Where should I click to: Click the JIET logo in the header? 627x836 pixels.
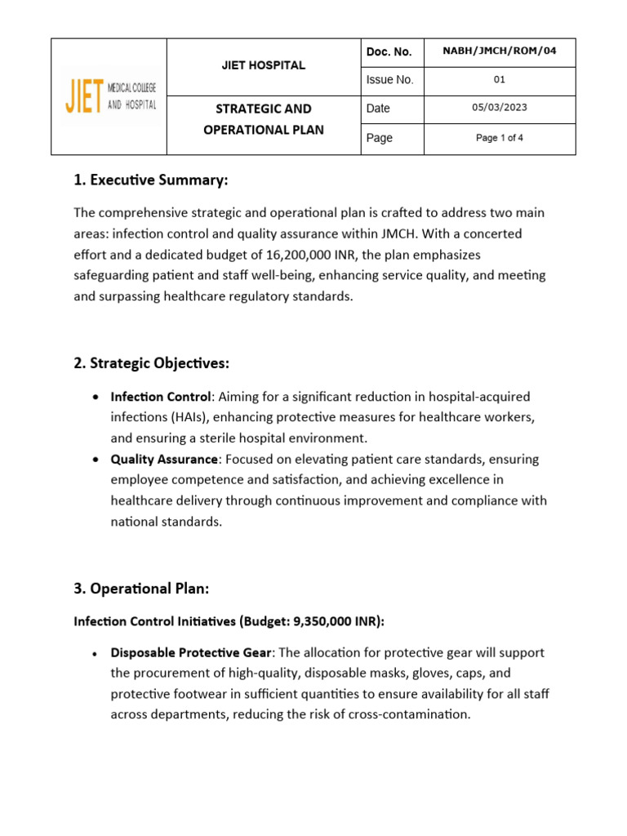tap(109, 96)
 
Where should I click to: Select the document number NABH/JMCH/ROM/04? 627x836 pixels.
tap(499, 51)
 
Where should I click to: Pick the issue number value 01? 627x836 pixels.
tap(499, 80)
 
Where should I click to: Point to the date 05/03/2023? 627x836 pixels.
tap(499, 108)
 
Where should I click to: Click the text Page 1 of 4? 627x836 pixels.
tap(499, 138)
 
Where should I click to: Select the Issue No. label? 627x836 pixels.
tap(389, 80)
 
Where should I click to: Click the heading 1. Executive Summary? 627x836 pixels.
tap(150, 180)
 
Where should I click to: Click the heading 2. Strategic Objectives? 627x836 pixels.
tap(154, 362)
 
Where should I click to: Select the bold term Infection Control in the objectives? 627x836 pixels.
tap(161, 397)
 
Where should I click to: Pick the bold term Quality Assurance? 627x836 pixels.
tap(164, 459)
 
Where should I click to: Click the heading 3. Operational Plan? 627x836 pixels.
tap(144, 588)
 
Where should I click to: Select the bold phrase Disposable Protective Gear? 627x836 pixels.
tap(190, 652)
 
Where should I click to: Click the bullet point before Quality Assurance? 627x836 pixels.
tap(97, 460)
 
